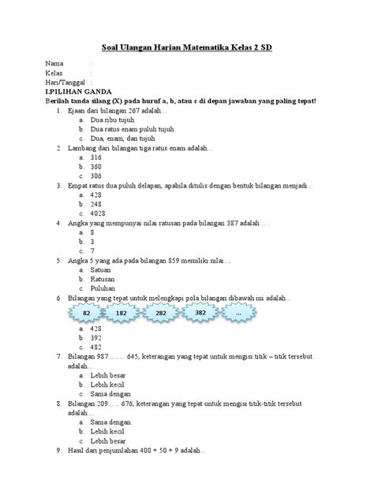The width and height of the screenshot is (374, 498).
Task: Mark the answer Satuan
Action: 102,269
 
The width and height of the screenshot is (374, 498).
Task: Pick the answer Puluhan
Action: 103,288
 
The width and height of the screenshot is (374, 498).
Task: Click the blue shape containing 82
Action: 85,313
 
